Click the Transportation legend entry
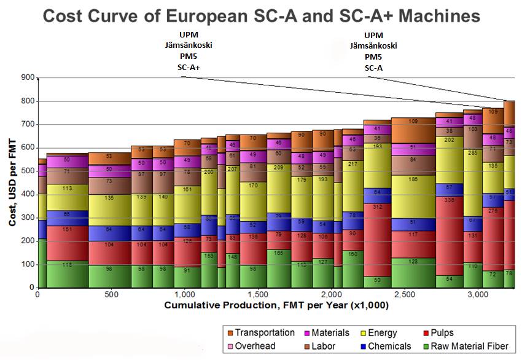point(264,332)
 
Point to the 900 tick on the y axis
point(28,78)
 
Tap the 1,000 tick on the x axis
point(184,295)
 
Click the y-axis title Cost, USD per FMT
point(12,183)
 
